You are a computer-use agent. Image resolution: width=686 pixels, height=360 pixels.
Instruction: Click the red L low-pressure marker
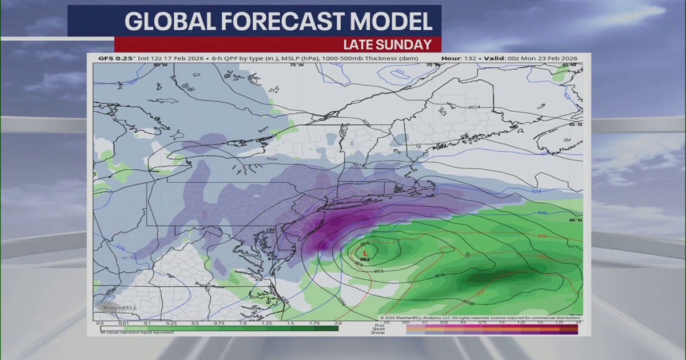point(365,251)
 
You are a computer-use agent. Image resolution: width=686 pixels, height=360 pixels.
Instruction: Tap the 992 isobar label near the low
point(378,270)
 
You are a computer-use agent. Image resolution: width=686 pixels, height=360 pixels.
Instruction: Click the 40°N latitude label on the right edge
point(575,219)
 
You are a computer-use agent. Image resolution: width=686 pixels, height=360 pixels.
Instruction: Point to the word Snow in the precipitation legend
point(378,333)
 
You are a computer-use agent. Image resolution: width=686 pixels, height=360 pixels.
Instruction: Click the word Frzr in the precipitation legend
point(378,324)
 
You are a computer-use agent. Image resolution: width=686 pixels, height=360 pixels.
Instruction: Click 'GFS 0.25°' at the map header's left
point(110,58)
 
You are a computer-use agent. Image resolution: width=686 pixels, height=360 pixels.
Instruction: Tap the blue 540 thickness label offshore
point(542,213)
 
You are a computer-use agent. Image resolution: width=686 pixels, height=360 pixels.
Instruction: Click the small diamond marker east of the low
point(468,253)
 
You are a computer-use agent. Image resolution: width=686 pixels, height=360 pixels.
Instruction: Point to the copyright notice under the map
point(480,318)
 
